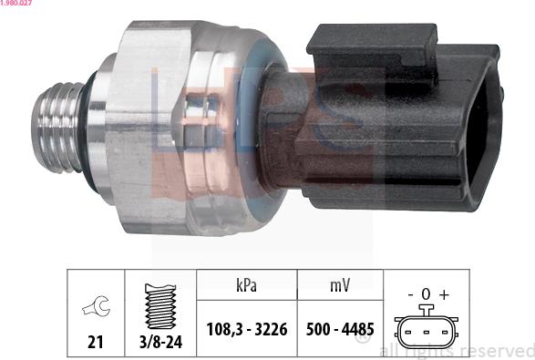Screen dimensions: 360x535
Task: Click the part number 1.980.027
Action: pyautogui.click(x=17, y=4)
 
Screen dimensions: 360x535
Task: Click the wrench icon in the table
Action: pyautogui.click(x=94, y=309)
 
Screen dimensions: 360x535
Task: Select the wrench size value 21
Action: pyautogui.click(x=94, y=344)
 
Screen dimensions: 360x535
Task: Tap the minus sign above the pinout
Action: pyautogui.click(x=409, y=295)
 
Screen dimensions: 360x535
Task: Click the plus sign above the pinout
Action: pyautogui.click(x=445, y=295)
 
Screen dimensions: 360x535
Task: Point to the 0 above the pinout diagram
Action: pyautogui.click(x=427, y=295)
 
